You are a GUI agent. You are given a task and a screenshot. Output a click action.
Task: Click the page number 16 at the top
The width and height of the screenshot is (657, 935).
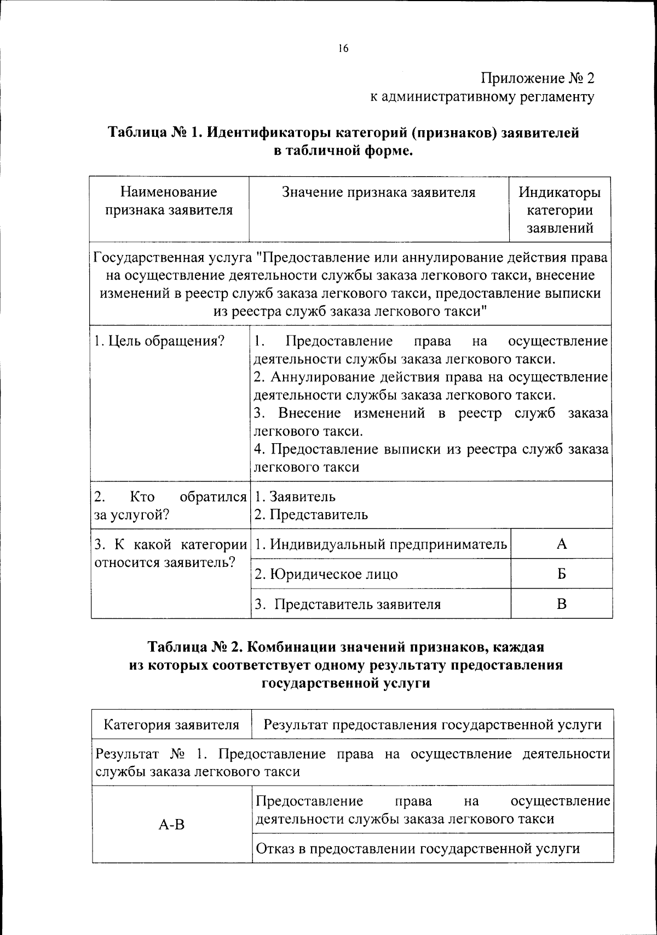pos(343,49)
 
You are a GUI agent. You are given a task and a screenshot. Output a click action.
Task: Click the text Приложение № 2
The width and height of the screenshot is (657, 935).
pos(537,78)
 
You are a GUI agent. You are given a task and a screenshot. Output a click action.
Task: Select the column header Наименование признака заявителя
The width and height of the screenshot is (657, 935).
pos(169,201)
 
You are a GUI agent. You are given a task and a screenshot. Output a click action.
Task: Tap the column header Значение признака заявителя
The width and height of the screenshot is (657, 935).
pos(378,192)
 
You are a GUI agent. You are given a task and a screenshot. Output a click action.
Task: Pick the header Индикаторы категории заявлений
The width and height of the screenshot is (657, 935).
pos(560,210)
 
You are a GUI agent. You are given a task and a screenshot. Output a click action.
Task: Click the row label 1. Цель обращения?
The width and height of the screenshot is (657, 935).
pos(159,341)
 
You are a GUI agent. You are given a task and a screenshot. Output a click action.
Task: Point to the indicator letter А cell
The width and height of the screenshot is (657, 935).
pos(561,544)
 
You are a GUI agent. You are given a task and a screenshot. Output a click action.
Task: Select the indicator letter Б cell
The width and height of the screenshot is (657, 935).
pos(561,574)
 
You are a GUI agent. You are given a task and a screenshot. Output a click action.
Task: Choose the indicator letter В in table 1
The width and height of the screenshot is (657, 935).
pos(561,604)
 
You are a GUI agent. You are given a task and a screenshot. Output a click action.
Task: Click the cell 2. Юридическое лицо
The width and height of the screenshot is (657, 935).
pos(326,574)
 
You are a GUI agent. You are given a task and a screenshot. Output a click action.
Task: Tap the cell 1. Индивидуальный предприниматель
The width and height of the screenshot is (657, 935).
pos(381,544)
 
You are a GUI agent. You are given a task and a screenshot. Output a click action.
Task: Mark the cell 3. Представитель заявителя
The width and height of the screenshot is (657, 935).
pos(348,605)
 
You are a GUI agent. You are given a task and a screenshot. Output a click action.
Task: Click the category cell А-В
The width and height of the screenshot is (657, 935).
pos(171,824)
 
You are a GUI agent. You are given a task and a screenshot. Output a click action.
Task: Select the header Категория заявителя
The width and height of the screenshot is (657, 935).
pos(171,725)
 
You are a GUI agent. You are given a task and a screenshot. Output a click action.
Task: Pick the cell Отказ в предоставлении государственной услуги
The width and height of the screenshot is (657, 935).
pos(418,849)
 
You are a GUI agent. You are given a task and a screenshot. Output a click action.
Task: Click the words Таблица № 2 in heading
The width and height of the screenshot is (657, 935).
pos(194,647)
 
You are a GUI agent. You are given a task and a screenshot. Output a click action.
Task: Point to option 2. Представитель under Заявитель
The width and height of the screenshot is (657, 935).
pos(311,515)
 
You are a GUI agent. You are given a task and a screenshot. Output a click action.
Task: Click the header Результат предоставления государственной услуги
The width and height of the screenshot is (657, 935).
pos(433,725)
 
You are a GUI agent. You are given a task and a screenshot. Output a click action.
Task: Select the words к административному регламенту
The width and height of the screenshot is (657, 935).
pos(482,97)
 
